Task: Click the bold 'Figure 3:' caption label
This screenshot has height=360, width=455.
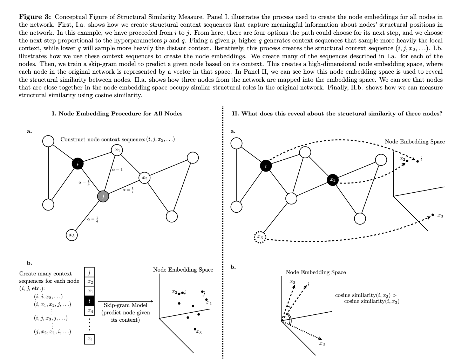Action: (x=35, y=17)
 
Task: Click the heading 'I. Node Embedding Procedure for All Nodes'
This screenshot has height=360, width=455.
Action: (x=117, y=113)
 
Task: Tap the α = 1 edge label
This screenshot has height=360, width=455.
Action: (x=117, y=169)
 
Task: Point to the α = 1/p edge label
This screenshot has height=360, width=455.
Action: (x=84, y=182)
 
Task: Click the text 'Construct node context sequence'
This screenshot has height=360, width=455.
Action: (x=102, y=139)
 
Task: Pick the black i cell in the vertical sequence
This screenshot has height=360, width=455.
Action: (x=90, y=301)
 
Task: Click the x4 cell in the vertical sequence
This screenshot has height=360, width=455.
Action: (x=90, y=311)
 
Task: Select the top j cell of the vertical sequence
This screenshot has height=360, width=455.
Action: (x=90, y=272)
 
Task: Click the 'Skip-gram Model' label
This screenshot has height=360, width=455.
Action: (x=125, y=305)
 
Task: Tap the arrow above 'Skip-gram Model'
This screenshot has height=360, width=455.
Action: (x=125, y=301)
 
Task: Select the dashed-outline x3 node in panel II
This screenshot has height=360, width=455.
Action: (x=260, y=238)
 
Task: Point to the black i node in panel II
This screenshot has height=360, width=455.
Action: (x=266, y=166)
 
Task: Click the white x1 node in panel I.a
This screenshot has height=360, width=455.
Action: (x=117, y=150)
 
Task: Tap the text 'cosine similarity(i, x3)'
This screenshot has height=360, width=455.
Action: (x=372, y=301)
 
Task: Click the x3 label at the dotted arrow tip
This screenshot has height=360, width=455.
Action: (x=322, y=344)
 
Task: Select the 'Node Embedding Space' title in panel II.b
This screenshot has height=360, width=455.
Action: (x=315, y=272)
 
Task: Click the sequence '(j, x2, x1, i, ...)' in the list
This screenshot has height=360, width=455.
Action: (x=52, y=332)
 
